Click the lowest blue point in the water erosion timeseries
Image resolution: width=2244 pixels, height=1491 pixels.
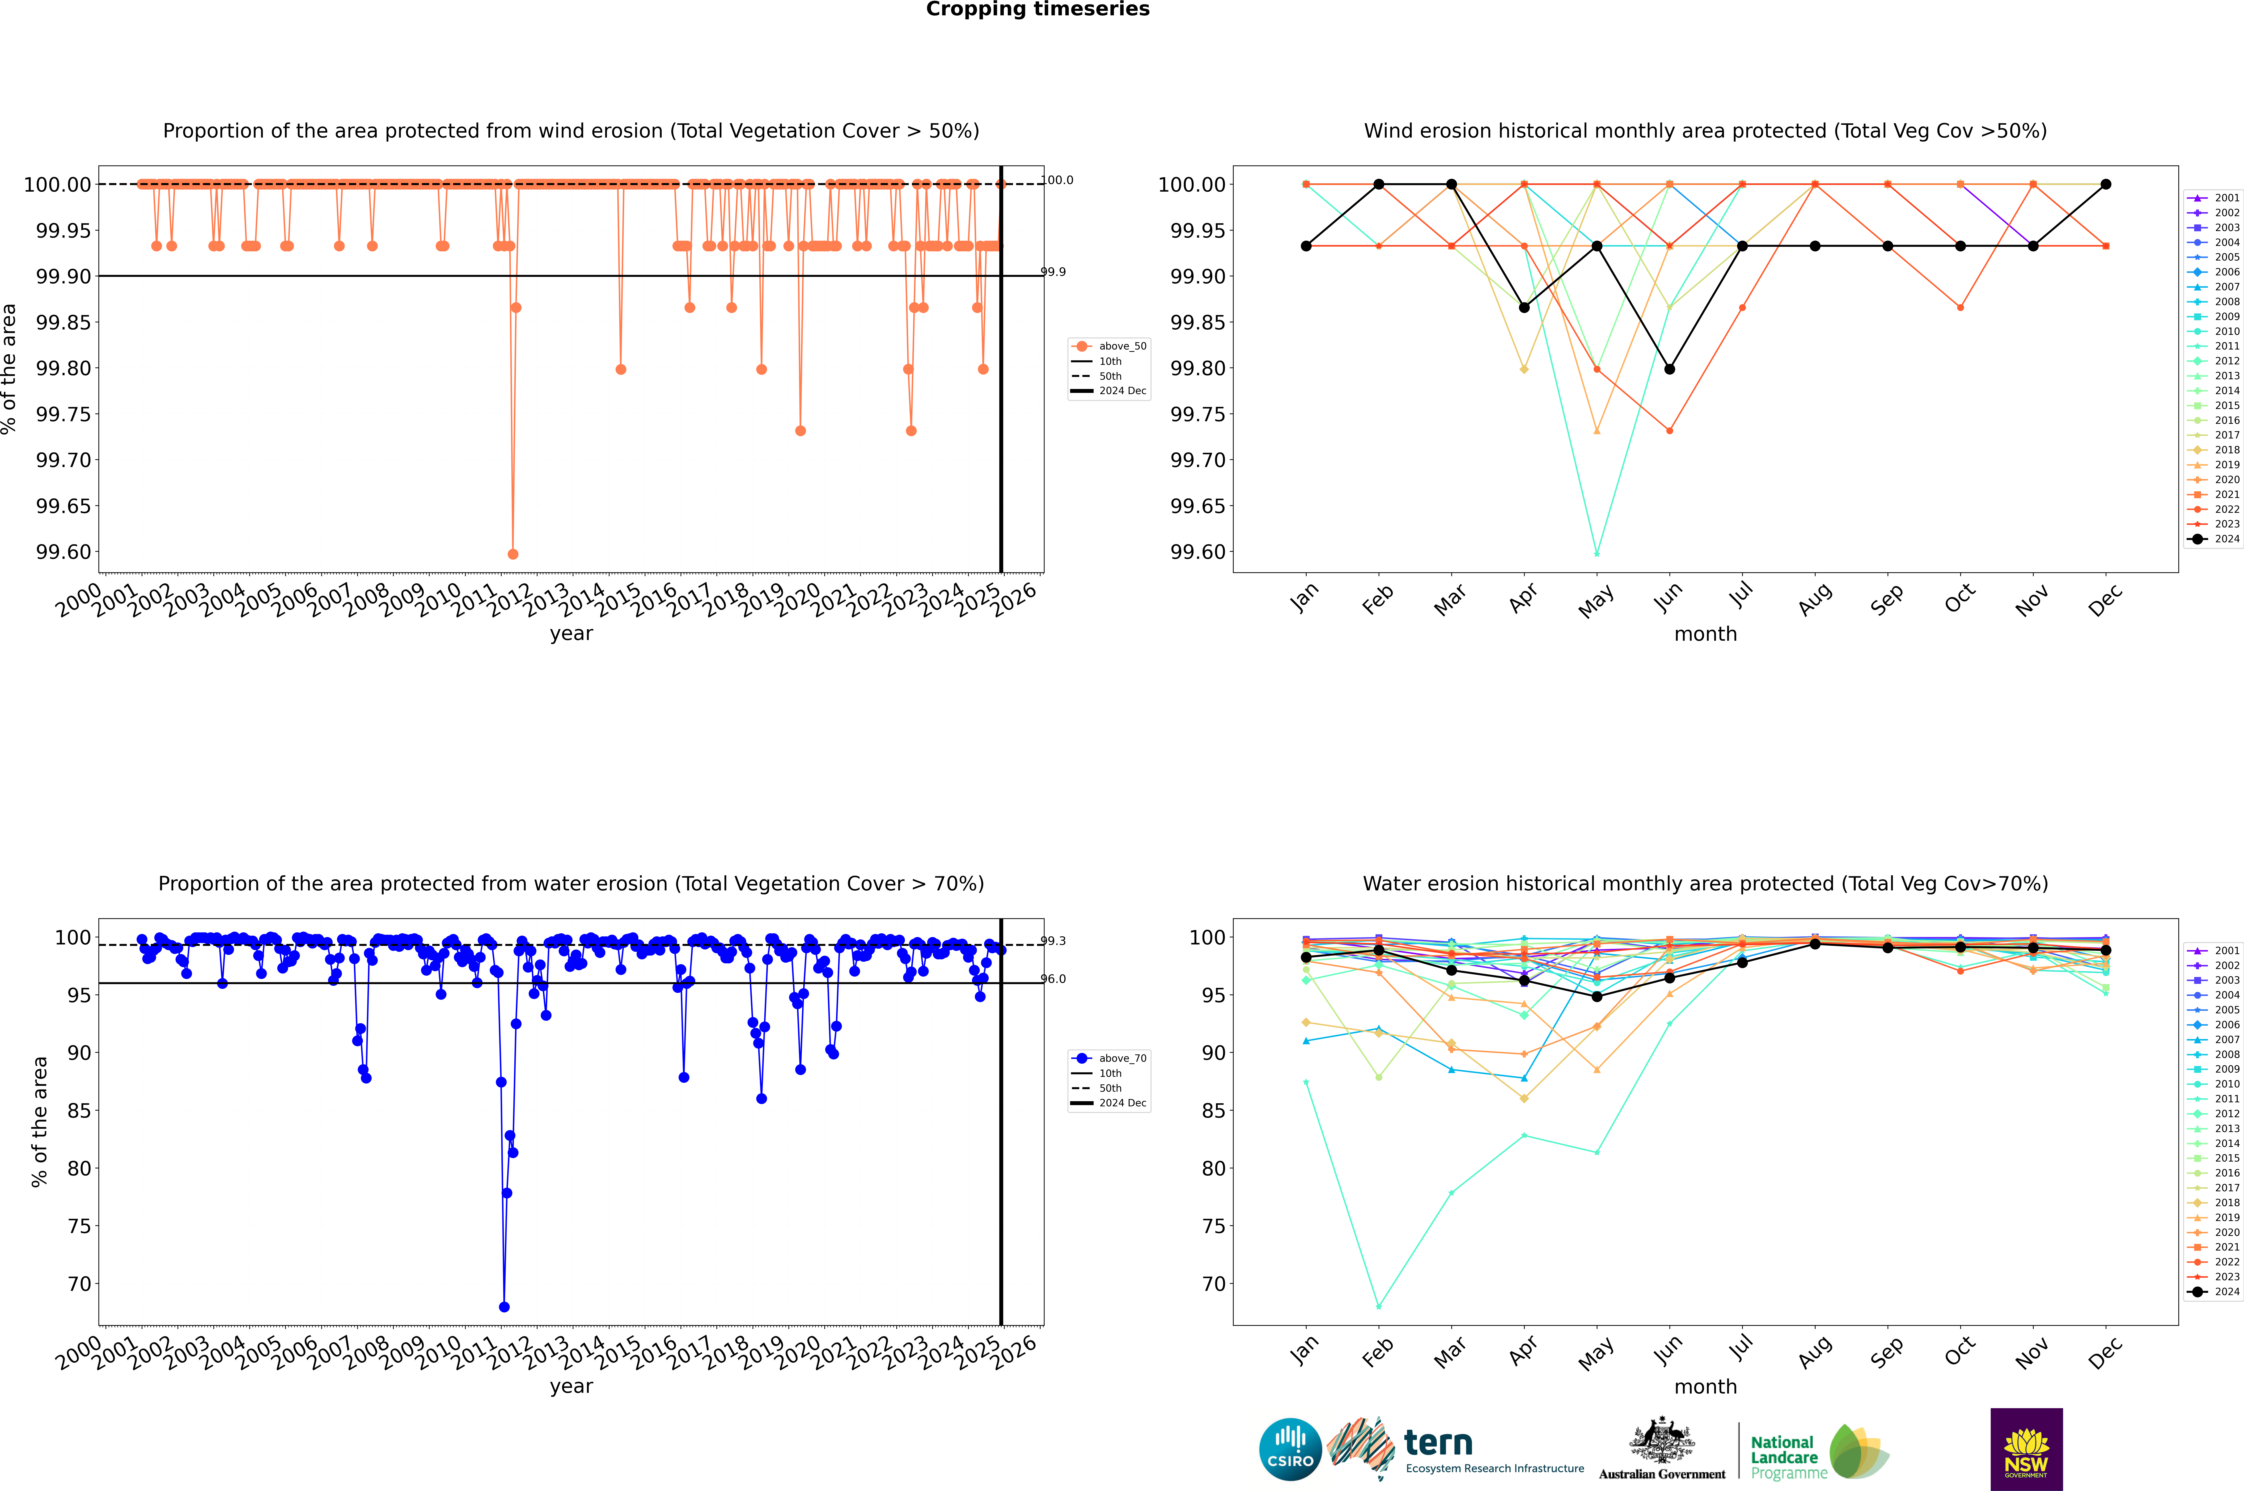coord(504,1306)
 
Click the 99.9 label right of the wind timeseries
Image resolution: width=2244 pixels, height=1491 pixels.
coord(1053,272)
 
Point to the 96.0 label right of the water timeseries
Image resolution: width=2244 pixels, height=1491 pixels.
coord(1053,978)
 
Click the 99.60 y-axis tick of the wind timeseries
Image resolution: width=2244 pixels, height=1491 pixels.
coord(64,552)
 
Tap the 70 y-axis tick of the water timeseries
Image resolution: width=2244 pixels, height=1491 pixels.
coord(79,1284)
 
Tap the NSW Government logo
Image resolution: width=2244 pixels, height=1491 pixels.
coord(2026,1449)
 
